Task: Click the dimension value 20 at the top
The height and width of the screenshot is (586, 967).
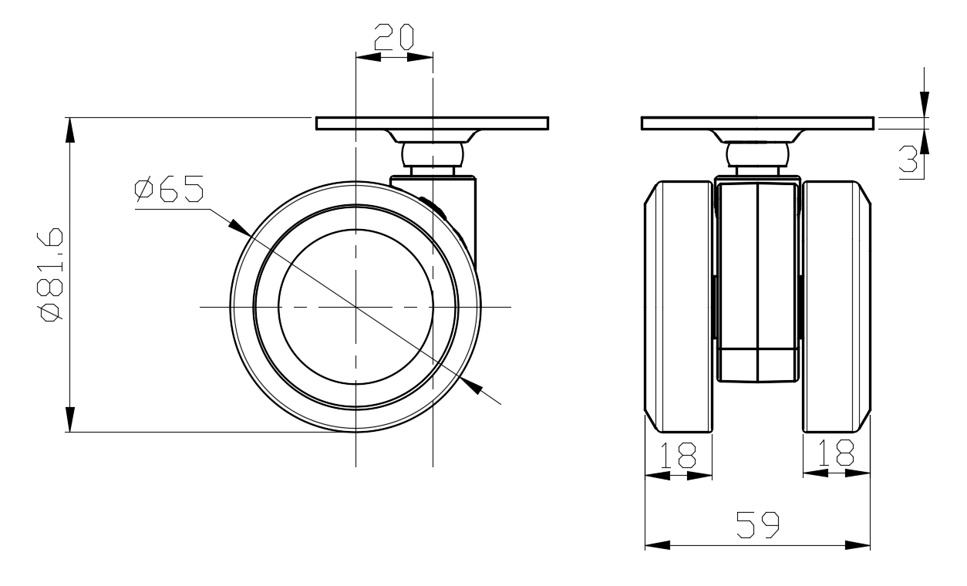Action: [x=394, y=37]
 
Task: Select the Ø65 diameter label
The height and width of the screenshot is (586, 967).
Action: [x=169, y=189]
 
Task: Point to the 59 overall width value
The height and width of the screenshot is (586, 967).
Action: [x=758, y=525]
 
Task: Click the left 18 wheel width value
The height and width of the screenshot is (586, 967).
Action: [x=679, y=455]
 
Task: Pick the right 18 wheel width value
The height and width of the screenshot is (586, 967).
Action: [x=836, y=453]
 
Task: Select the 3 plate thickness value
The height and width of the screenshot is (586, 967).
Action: [x=908, y=159]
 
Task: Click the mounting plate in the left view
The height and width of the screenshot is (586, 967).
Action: [x=432, y=123]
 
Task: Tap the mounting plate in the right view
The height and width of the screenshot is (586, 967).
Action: [x=757, y=123]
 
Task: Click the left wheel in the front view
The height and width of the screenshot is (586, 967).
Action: [x=678, y=306]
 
